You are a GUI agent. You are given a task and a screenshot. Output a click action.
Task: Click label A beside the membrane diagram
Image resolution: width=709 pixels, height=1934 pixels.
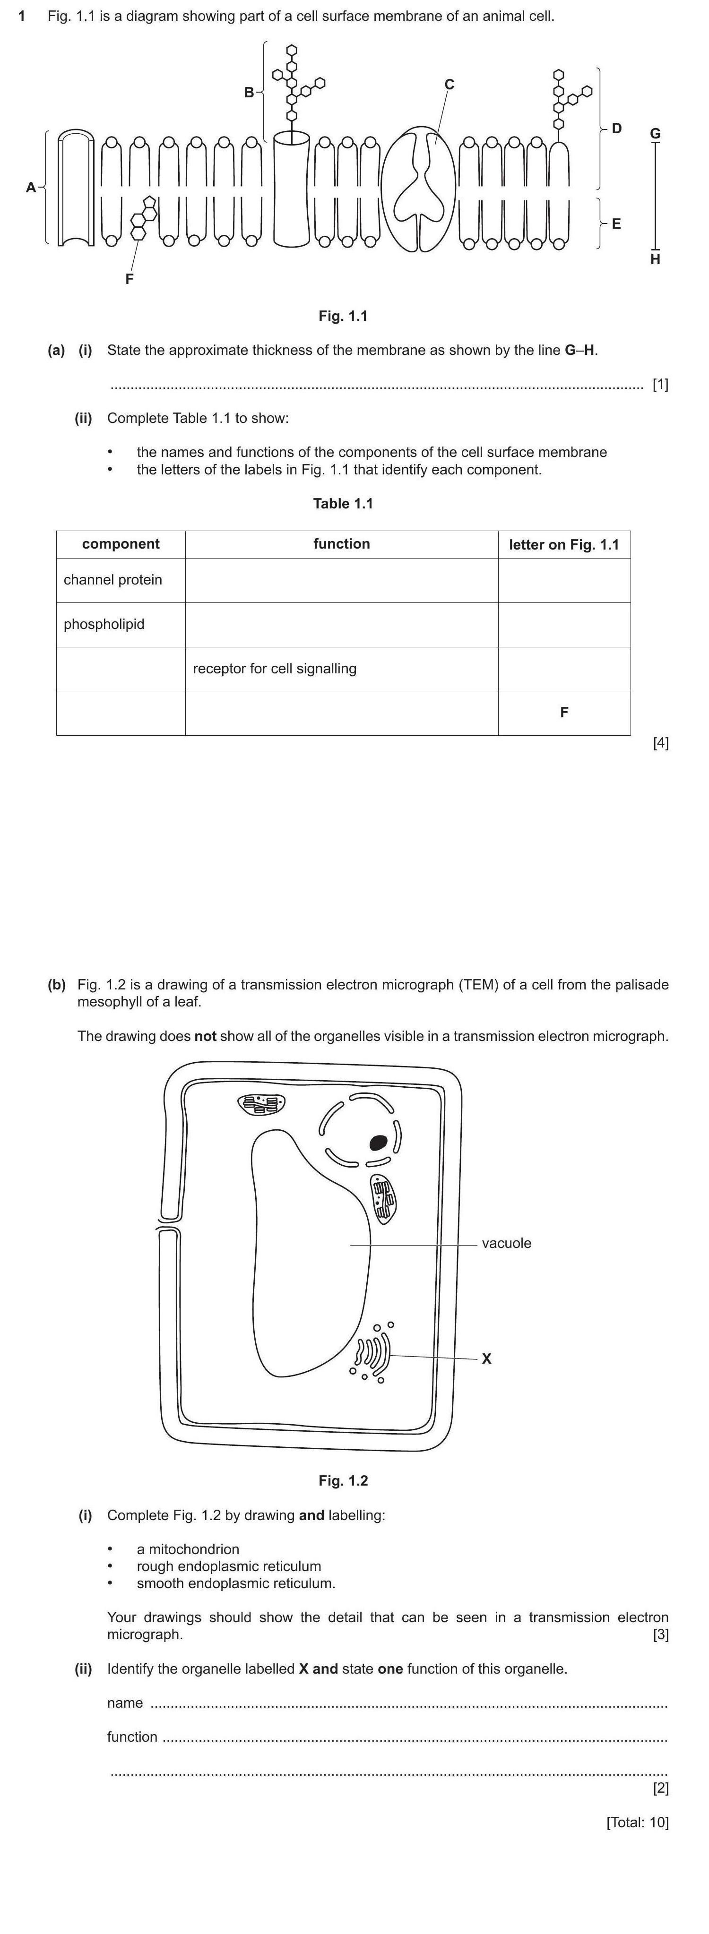[x=31, y=187]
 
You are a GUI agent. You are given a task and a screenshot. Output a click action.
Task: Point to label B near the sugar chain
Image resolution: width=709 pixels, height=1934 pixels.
[x=249, y=92]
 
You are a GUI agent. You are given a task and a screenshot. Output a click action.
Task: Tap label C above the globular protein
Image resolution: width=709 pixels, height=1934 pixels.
[x=449, y=84]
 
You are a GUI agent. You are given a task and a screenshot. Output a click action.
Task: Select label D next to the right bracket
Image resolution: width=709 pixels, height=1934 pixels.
[x=617, y=129]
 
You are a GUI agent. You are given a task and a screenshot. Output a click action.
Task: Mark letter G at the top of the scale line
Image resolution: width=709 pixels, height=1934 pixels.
[x=655, y=134]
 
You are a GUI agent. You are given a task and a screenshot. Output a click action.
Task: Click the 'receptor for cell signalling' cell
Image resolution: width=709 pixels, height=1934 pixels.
[x=275, y=668]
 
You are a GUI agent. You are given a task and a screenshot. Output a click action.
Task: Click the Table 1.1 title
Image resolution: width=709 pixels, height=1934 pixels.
[x=343, y=503]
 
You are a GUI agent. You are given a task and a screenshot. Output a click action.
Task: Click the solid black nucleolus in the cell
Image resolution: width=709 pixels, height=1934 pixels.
[x=379, y=1142]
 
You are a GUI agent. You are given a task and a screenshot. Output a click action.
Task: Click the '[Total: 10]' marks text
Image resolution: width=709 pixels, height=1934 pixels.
[x=638, y=1822]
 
